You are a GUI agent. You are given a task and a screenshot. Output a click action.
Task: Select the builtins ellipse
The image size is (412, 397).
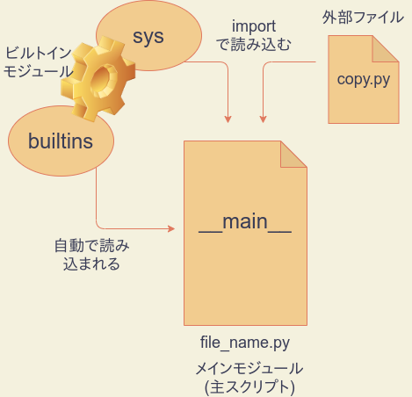pyautogui.click(x=61, y=141)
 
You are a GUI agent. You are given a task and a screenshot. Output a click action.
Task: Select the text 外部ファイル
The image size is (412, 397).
pyautogui.click(x=360, y=18)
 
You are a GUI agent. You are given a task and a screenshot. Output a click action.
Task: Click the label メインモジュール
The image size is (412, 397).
pyautogui.click(x=248, y=368)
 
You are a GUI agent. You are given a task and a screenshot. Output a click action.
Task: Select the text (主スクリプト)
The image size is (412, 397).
pyautogui.click(x=248, y=386)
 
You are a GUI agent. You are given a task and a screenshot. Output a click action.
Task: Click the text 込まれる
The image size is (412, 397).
pyautogui.click(x=90, y=263)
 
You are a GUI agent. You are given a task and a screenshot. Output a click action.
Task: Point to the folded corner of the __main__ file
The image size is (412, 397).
pyautogui.click(x=293, y=153)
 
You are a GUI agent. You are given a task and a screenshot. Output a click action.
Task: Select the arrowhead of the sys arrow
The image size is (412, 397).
pyautogui.click(x=229, y=119)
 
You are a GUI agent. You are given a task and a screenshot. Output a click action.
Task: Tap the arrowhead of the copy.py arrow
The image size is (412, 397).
pyautogui.click(x=263, y=119)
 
